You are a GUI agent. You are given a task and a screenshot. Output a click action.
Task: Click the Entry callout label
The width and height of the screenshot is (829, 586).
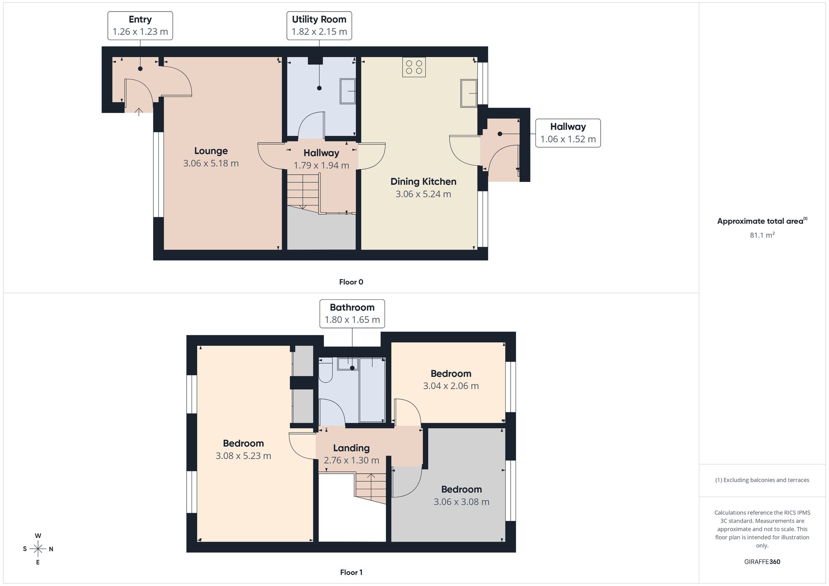(140, 26)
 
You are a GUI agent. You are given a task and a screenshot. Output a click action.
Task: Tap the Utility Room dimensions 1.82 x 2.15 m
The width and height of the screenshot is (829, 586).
(319, 32)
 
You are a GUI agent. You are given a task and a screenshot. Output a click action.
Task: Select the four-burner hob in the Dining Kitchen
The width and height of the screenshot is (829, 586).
(414, 67)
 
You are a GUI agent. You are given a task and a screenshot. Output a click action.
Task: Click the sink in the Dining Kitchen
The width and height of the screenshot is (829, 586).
(469, 93)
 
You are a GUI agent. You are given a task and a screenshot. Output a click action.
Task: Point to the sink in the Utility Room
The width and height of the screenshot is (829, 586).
(348, 91)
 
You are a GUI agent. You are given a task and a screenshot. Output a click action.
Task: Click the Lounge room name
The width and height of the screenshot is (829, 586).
(211, 151)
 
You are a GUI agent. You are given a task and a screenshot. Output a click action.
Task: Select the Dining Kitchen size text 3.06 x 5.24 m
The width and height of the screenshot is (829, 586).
(423, 194)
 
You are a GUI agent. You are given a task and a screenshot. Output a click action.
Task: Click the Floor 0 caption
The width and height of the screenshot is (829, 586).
(351, 282)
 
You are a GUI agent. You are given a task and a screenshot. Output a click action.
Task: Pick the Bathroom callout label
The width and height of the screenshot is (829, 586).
(352, 313)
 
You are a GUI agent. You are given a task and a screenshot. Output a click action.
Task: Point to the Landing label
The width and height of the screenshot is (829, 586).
(351, 448)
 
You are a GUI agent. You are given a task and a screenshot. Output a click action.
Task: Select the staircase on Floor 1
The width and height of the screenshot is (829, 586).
(370, 488)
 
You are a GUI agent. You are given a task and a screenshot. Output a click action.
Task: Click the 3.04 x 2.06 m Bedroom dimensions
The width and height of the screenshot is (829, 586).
(451, 386)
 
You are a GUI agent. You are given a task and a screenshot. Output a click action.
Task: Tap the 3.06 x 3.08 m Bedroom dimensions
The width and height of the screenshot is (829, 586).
(461, 502)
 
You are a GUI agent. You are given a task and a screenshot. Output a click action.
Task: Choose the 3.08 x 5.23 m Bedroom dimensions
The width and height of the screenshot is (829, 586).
(243, 456)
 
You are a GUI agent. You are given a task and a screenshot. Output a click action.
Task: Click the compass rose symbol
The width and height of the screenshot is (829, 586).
(38, 549)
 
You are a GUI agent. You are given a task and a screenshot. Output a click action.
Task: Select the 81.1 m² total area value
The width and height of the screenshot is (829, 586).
(762, 235)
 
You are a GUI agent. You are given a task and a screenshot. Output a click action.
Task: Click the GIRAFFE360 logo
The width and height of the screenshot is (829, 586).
(762, 562)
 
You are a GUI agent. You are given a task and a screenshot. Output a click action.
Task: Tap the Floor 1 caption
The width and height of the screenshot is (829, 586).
(351, 572)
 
